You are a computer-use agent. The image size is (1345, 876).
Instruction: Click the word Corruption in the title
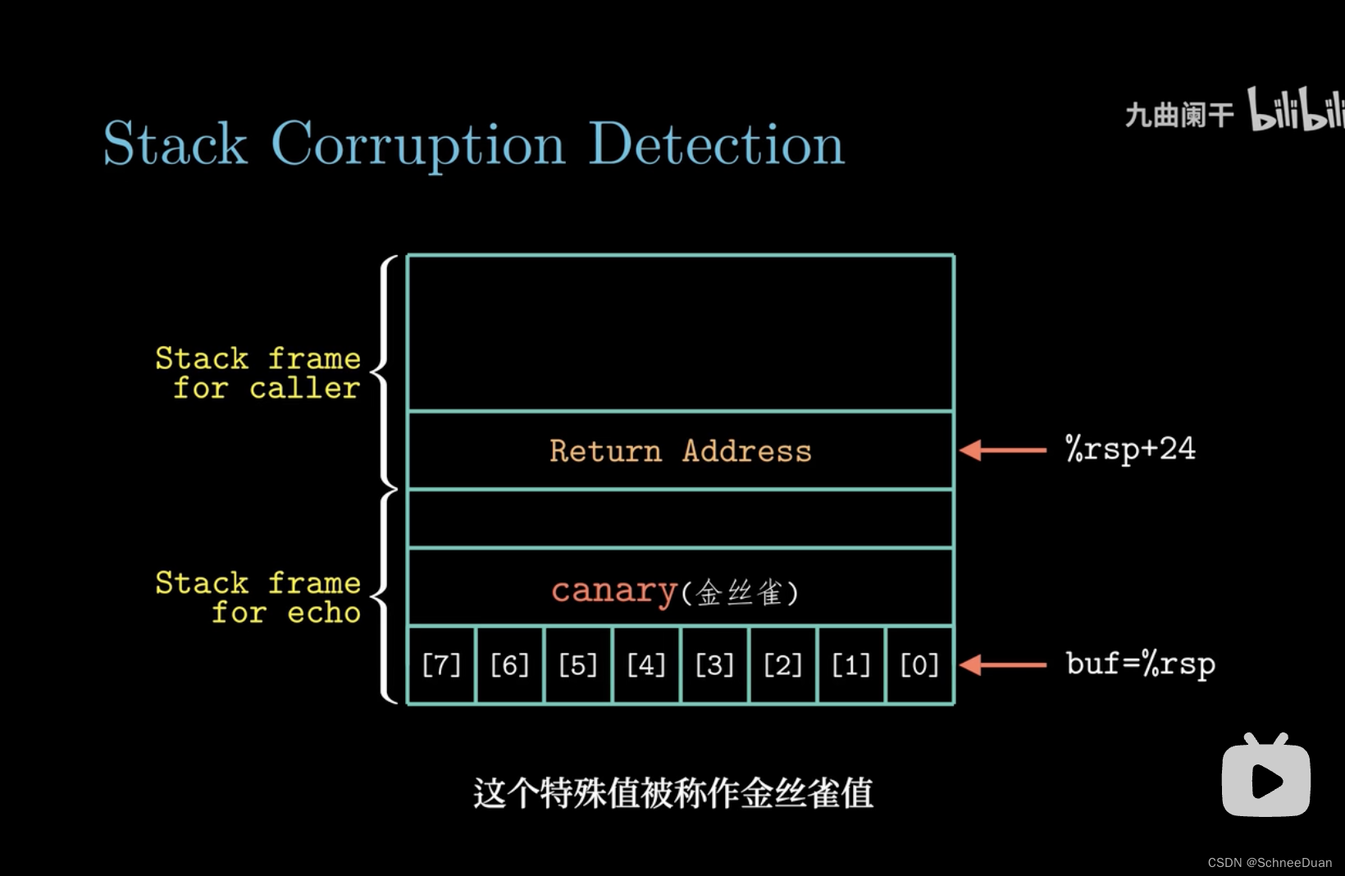click(417, 145)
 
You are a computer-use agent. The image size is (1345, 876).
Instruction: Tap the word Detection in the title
click(716, 145)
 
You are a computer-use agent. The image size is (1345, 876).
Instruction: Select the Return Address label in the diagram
click(680, 450)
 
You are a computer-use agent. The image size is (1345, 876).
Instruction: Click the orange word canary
click(613, 591)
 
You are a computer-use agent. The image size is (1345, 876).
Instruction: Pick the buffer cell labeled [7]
click(441, 664)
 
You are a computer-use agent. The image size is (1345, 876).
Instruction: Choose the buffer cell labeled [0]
click(919, 664)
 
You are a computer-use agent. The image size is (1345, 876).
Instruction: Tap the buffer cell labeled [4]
click(646, 664)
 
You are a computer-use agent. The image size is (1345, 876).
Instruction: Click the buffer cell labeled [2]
click(782, 664)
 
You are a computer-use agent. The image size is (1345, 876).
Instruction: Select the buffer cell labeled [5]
click(577, 664)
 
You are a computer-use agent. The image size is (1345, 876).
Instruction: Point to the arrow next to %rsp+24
click(1002, 449)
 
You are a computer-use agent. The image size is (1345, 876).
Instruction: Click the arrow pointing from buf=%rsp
click(1002, 664)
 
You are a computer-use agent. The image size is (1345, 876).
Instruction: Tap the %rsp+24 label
click(1130, 449)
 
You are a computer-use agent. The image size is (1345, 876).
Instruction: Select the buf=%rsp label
click(1140, 664)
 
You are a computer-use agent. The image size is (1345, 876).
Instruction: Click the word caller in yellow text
click(304, 388)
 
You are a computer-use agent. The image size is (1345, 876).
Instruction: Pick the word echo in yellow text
click(324, 613)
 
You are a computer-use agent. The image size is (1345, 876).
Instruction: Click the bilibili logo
click(1296, 110)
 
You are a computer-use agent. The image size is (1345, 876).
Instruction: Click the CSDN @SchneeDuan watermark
click(1270, 862)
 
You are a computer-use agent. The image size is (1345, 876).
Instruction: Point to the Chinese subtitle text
click(672, 793)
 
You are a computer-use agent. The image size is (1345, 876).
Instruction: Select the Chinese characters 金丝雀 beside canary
click(740, 592)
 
